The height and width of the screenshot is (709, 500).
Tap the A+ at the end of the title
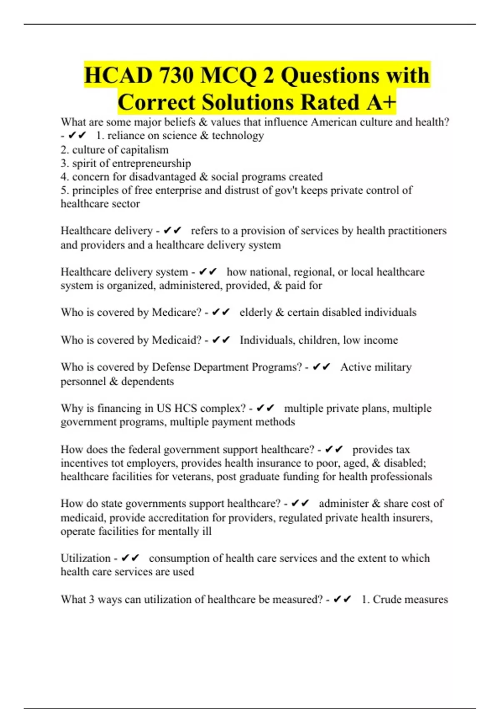381,102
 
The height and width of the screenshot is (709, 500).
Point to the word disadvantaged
162,176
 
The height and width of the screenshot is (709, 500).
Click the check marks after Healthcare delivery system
208,272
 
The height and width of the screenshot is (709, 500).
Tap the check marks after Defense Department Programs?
321,367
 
